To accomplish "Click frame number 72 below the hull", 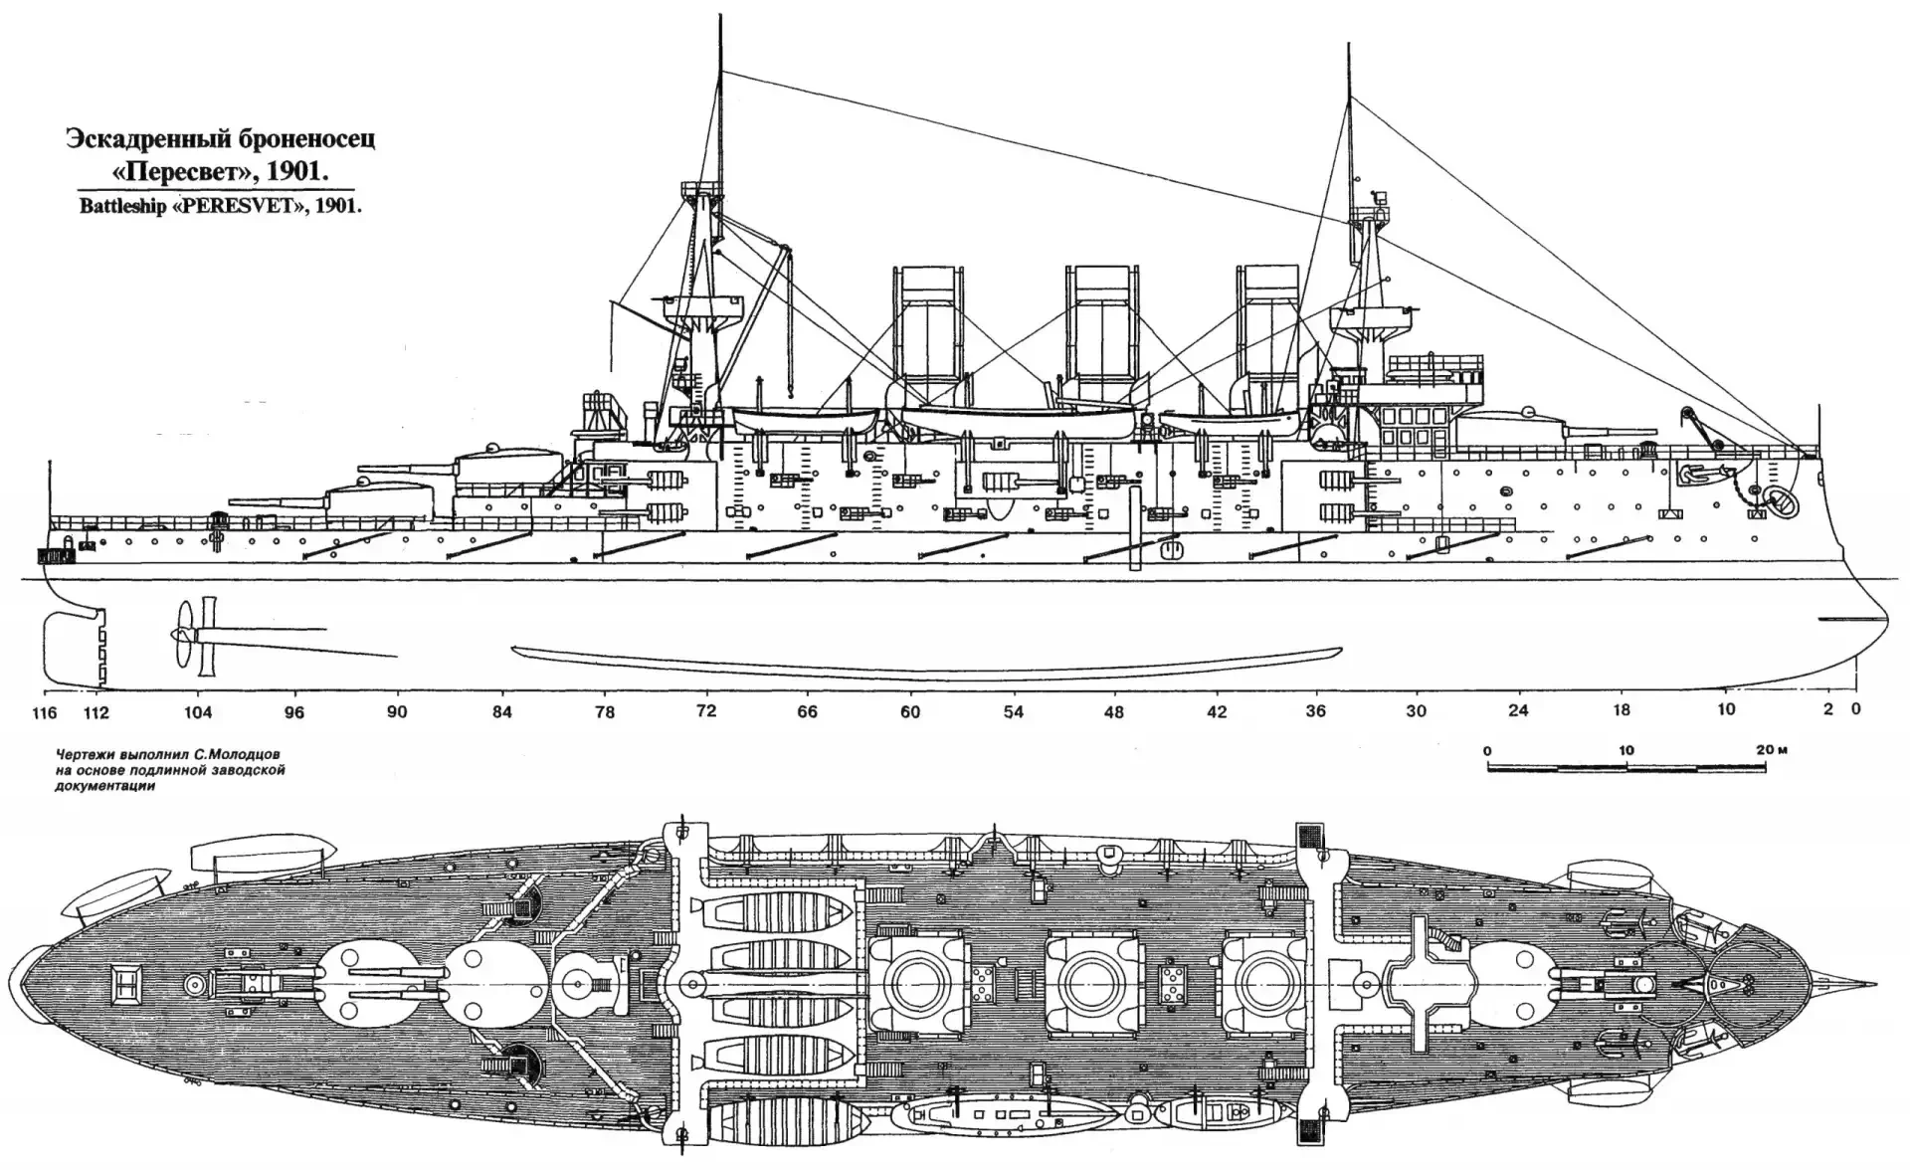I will click(x=706, y=711).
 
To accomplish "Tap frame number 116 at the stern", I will click(x=45, y=712).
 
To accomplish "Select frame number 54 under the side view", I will click(x=1013, y=711).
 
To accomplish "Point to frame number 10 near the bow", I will click(x=1726, y=709).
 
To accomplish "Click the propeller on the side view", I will click(x=183, y=634).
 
